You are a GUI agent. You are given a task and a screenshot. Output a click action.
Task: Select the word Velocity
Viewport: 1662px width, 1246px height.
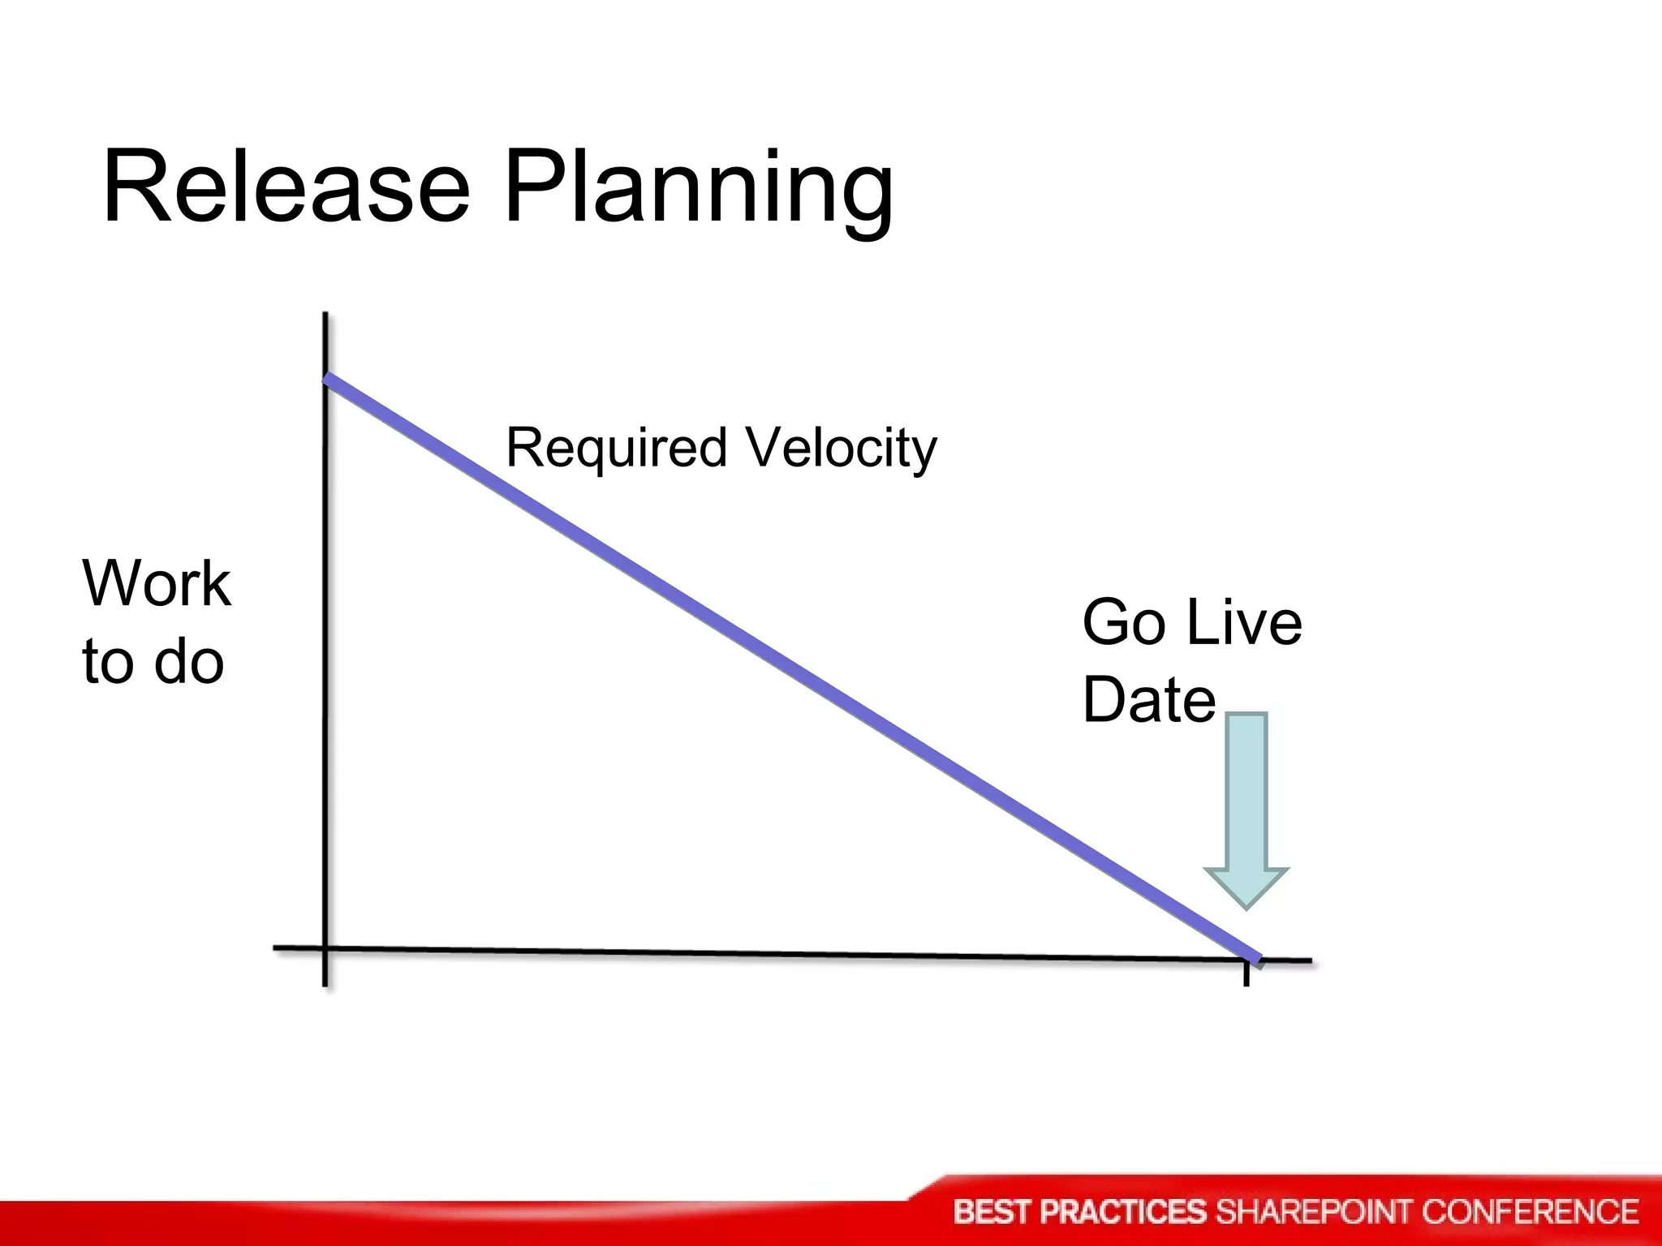[842, 449]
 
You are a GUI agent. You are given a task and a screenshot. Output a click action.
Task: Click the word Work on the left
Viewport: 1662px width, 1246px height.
[157, 583]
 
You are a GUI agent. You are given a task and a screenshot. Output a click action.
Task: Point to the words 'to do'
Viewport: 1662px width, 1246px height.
[153, 661]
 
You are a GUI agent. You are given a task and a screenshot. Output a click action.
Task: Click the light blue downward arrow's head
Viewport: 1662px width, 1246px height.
[1246, 886]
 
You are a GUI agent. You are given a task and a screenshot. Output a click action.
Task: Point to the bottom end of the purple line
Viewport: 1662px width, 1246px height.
[1258, 960]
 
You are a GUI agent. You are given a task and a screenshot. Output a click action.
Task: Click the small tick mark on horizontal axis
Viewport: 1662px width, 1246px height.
[1246, 975]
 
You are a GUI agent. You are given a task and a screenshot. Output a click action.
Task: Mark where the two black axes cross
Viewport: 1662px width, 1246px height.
[325, 947]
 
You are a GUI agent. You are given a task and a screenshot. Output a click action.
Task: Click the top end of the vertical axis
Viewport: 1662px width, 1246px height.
[325, 315]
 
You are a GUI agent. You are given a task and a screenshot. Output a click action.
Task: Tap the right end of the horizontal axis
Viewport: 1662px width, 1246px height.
[1308, 961]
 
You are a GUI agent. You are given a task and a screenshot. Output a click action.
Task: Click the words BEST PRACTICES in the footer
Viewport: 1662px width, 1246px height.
[1080, 1212]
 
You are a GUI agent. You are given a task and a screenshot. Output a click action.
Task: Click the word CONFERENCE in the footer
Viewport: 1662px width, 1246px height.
[1530, 1212]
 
